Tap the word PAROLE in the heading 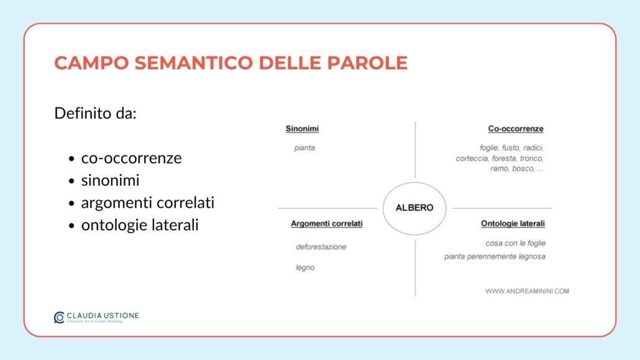[x=372, y=63]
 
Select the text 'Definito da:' [x=95, y=114]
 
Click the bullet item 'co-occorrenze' [x=131, y=158]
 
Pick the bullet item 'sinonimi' [x=110, y=180]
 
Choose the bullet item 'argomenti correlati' [x=147, y=203]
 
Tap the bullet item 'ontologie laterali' [x=140, y=225]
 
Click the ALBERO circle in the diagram [x=414, y=208]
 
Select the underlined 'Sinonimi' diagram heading [x=302, y=129]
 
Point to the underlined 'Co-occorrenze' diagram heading [x=516, y=129]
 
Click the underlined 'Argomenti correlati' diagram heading [x=326, y=223]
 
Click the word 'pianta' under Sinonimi [x=304, y=148]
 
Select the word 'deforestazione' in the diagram [x=321, y=247]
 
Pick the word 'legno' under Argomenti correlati [x=305, y=267]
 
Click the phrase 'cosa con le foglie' [x=515, y=243]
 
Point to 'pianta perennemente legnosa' [x=495, y=256]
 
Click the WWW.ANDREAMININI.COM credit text [x=527, y=291]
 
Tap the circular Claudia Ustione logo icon [x=59, y=317]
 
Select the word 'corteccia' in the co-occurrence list [x=472, y=158]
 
